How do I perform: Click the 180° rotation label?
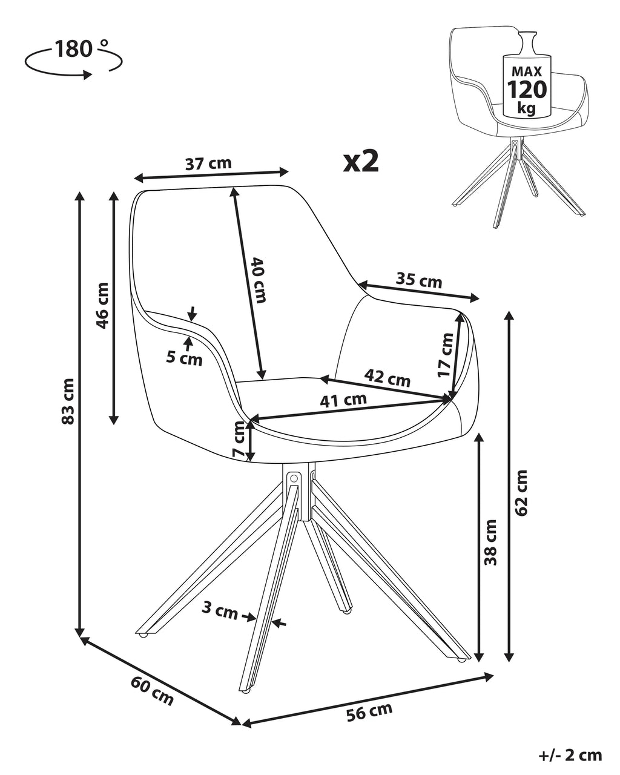tap(82, 49)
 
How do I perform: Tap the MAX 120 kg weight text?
tap(527, 90)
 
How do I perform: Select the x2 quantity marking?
tap(361, 161)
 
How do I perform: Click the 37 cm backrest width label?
tap(208, 164)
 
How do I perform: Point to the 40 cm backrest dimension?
tap(259, 280)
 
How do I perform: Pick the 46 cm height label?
tap(102, 306)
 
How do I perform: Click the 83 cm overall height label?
tap(68, 401)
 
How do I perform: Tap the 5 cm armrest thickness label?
tap(184, 358)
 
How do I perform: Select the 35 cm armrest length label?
tap(418, 280)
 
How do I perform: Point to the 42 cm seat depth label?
tap(387, 377)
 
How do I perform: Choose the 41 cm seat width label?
tap(343, 400)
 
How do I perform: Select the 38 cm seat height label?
tap(490, 542)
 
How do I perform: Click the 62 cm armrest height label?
tap(521, 493)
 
